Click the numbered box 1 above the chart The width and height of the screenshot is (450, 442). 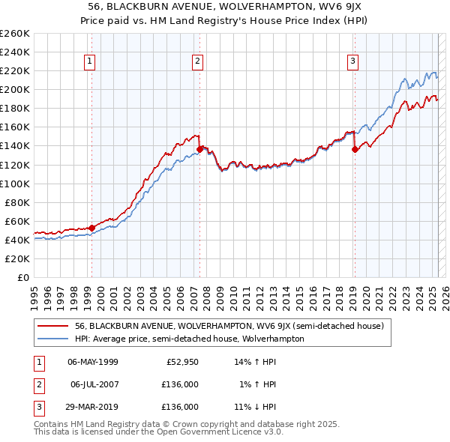90,62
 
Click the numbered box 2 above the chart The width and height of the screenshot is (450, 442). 197,62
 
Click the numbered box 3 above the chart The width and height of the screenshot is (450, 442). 352,62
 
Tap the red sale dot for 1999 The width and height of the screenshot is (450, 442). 91,228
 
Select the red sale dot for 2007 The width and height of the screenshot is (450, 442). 199,149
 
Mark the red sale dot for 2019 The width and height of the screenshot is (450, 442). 354,149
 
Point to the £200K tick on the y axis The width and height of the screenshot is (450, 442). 16,89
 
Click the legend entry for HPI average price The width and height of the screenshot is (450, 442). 189,339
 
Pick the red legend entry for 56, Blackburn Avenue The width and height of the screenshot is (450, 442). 229,326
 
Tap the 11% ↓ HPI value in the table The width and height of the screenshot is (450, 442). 256,407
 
